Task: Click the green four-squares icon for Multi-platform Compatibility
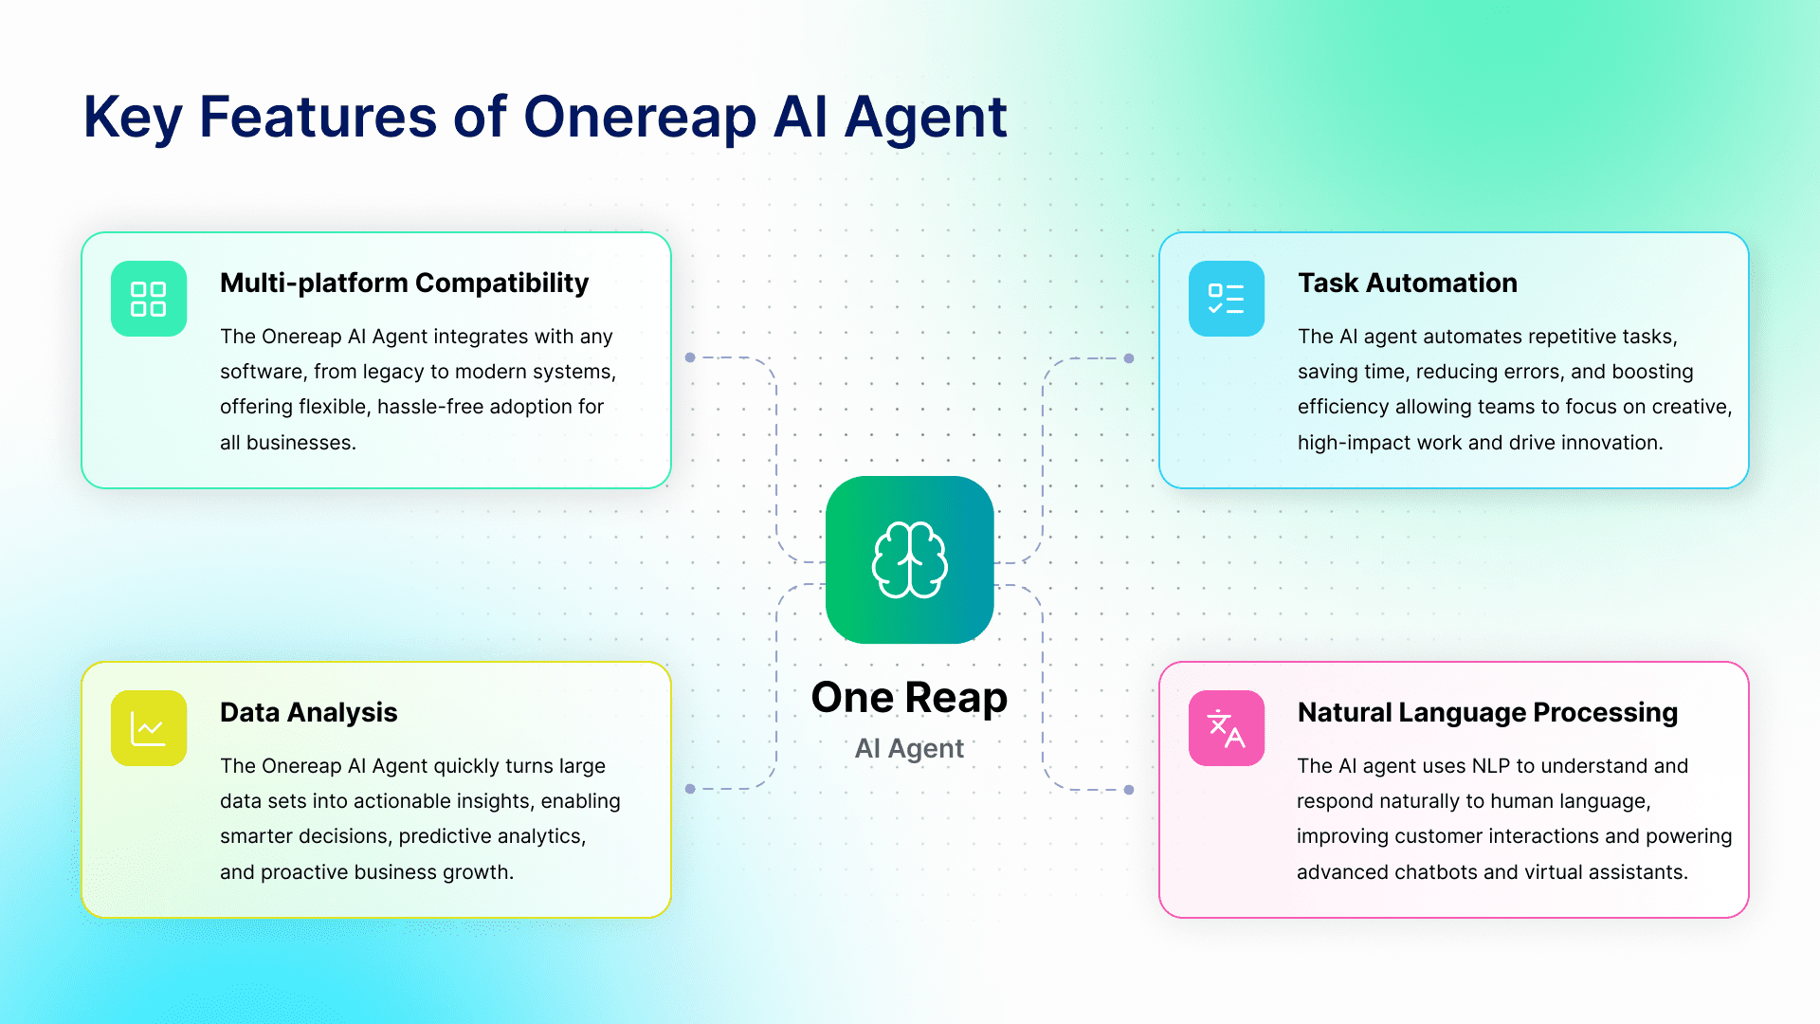coord(149,299)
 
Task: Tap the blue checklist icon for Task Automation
coord(1227,299)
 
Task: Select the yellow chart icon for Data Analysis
coord(149,728)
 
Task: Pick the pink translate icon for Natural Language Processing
coord(1227,728)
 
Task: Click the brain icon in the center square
coord(910,559)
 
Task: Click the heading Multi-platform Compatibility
coord(405,283)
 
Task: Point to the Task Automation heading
coord(1408,283)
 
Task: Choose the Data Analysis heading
coord(309,713)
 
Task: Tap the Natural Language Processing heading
coord(1488,713)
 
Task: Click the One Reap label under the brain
coord(910,699)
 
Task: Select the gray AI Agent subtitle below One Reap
coord(910,749)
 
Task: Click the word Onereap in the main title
coord(640,119)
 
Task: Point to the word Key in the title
coord(133,119)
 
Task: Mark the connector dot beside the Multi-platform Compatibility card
coord(690,357)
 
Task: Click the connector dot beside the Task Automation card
coord(1129,358)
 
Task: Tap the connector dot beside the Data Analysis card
coord(690,789)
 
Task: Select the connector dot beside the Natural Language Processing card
coord(1129,790)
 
